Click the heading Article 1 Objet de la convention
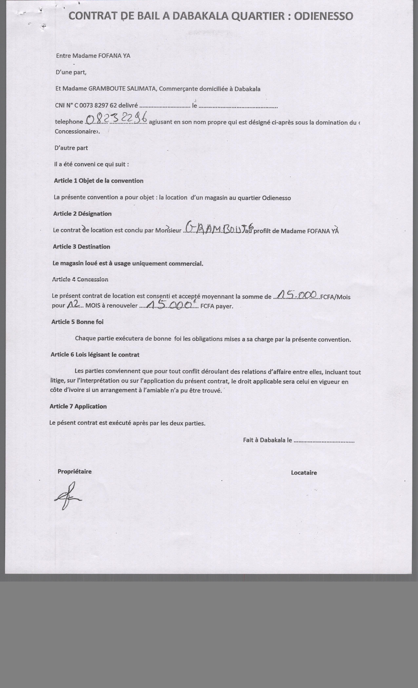tap(99, 181)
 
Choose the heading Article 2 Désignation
tap(82, 214)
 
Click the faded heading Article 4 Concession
tap(80, 279)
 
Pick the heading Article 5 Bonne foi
tap(77, 322)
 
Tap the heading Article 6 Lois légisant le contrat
tap(95, 355)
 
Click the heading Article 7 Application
tap(78, 406)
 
